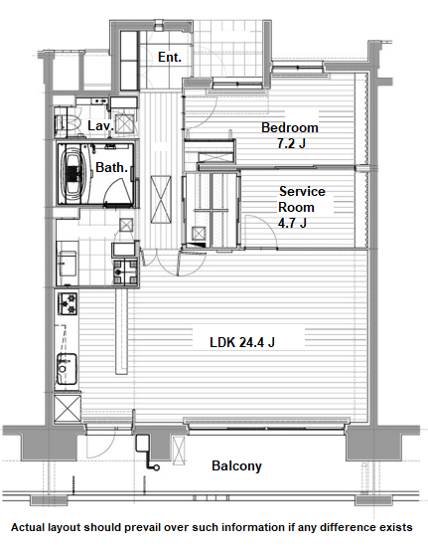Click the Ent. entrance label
[170, 57]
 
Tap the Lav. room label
[100, 125]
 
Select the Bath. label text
[111, 167]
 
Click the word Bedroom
[290, 127]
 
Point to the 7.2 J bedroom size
[291, 143]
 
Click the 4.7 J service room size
[292, 223]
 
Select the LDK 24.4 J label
[242, 342]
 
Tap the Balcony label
[236, 465]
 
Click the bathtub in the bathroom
[73, 174]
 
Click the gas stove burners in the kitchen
[68, 303]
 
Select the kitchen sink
[67, 369]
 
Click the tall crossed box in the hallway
[161, 199]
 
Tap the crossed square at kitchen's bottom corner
[68, 409]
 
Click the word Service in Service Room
[302, 192]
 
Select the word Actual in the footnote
[28, 527]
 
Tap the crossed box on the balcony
[179, 451]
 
